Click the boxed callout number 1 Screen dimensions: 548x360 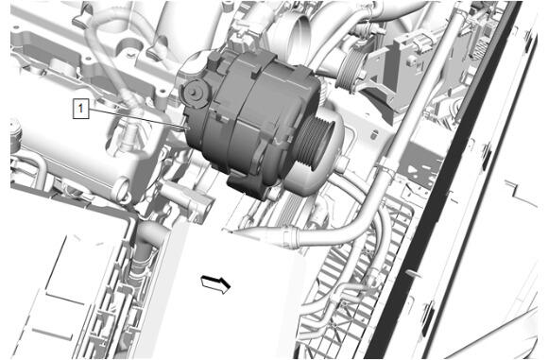click(x=80, y=109)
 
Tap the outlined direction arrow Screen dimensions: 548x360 click(x=216, y=283)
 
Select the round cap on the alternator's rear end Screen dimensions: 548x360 click(x=195, y=93)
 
